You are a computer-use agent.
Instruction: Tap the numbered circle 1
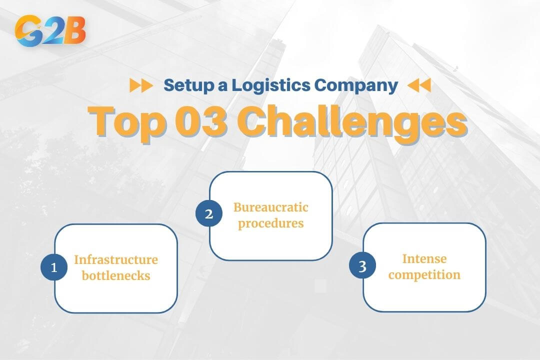[54, 267]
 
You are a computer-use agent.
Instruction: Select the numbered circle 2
[208, 214]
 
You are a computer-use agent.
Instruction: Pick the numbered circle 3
[362, 266]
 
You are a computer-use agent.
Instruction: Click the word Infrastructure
[116, 259]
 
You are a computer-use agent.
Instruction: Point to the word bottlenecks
[116, 275]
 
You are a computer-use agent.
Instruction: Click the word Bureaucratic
[271, 206]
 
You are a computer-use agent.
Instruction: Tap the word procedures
[271, 223]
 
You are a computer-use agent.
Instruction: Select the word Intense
[424, 258]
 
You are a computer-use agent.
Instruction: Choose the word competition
[424, 274]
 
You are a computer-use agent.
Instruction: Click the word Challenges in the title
[351, 121]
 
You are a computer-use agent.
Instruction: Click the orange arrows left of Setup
[141, 85]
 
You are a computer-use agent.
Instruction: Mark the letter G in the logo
[28, 31]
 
